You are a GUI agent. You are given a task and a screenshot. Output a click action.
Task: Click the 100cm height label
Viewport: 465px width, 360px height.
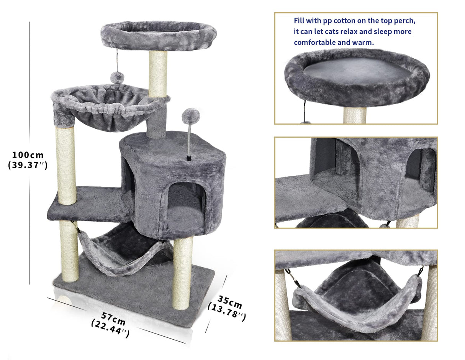[28, 155]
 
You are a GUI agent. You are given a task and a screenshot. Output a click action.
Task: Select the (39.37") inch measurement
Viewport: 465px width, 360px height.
[28, 166]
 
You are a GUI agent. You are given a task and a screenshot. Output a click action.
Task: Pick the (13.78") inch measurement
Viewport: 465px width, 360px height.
[226, 312]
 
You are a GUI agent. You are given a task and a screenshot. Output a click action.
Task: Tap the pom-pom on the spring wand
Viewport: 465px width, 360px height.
[191, 115]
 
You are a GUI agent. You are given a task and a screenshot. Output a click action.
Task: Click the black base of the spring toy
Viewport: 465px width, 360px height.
[188, 158]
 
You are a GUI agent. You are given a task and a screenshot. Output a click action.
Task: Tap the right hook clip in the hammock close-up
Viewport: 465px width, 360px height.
[421, 271]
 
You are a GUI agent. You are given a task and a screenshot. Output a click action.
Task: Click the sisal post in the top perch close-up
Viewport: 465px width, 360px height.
[355, 115]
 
